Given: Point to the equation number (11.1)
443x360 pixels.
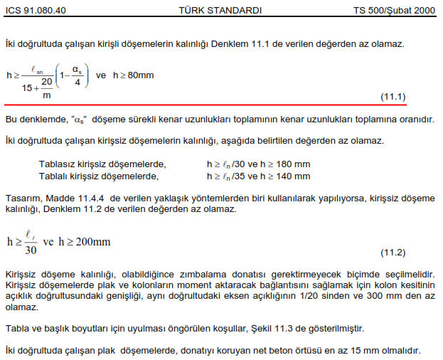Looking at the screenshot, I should [393, 96].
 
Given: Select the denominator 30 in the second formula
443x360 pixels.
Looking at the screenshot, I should [31, 250].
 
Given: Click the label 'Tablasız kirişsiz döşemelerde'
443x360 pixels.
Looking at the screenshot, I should [102, 164].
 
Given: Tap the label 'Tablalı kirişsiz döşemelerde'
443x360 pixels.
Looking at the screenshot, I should [98, 175].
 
